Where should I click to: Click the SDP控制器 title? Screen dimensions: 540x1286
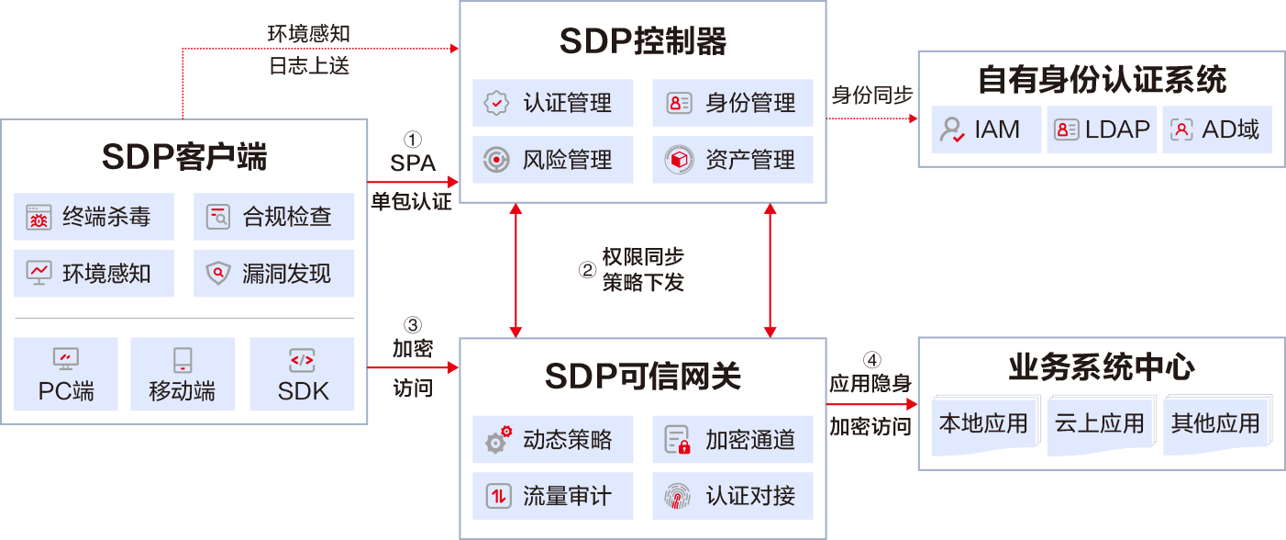point(642,41)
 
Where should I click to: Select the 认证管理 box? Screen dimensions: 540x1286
point(552,103)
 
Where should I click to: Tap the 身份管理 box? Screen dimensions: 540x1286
point(732,103)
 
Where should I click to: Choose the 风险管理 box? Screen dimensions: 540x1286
point(552,161)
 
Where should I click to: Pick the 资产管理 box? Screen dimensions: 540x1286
point(732,161)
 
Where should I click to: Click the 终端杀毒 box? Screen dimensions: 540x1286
point(94,218)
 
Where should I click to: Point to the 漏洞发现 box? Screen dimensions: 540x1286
point(273,274)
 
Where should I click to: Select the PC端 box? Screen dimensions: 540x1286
point(66,373)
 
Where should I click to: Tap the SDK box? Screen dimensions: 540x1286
point(303,373)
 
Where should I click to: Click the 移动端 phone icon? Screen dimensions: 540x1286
point(183,360)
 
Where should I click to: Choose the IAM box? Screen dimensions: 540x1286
point(986,129)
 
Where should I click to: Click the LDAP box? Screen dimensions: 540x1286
point(1102,129)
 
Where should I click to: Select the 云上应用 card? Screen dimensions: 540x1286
point(1099,424)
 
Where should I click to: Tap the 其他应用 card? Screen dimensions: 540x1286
point(1215,424)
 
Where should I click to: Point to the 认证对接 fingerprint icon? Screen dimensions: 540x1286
point(677,497)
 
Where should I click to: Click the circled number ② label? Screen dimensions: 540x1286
point(587,270)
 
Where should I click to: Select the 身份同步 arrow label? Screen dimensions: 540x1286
point(871,96)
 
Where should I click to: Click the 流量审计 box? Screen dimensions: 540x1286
point(552,497)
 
